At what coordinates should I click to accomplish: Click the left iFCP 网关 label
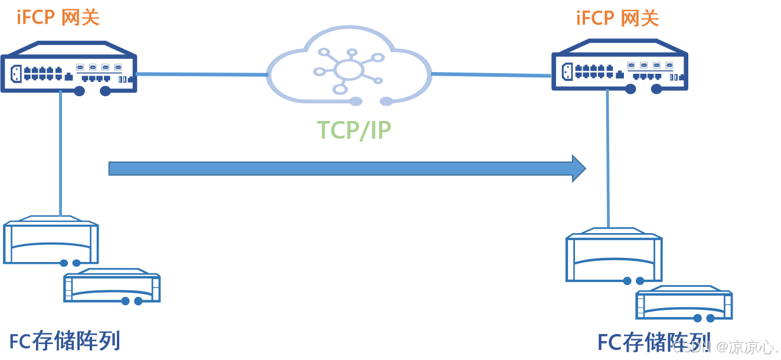click(58, 17)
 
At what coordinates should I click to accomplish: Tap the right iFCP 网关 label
click(617, 18)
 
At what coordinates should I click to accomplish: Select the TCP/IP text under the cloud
click(354, 130)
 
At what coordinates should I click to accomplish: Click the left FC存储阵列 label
click(65, 341)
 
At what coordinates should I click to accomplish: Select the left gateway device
click(68, 68)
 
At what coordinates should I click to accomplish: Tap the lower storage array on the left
click(112, 287)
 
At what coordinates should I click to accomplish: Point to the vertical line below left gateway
click(61, 153)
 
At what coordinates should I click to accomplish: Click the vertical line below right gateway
click(606, 159)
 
